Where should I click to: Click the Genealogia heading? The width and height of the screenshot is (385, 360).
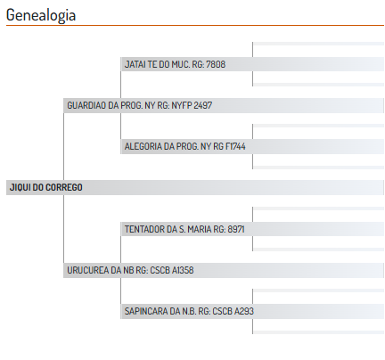[41, 15]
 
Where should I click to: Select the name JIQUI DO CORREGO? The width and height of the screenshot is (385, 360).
[46, 187]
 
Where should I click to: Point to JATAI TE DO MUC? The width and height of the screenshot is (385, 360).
[157, 64]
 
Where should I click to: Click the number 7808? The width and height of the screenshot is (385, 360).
[216, 64]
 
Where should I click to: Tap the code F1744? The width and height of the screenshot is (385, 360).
[235, 146]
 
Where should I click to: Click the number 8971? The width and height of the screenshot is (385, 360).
[236, 229]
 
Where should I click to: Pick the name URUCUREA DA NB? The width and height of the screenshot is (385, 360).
[101, 270]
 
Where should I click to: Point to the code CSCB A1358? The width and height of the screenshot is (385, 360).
[172, 270]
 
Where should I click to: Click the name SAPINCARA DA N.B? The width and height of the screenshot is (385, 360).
[160, 311]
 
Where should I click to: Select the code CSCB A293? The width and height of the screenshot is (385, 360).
[233, 311]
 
